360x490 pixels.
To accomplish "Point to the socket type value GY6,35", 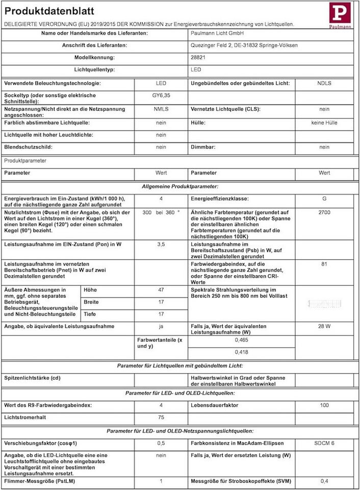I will tap(161, 95).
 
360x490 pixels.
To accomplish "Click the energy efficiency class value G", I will tap(324, 199).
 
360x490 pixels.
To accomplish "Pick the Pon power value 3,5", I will tap(161, 244).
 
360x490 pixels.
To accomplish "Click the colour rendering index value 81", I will tap(324, 264).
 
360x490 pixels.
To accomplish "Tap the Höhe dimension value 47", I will tap(161, 289).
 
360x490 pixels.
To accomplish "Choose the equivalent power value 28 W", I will tap(324, 327).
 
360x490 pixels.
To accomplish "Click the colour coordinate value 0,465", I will tap(242, 339).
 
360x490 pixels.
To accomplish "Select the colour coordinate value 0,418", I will tap(242, 352).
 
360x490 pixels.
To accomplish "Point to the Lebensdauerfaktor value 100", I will tap(324, 405).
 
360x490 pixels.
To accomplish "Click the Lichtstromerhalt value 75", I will tap(161, 417).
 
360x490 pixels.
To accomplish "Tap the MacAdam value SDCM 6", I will tap(324, 443).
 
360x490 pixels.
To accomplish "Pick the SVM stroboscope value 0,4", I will tap(324, 481).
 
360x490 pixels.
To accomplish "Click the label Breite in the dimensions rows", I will tap(91, 302).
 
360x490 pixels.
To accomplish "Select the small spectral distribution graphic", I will tap(324, 304).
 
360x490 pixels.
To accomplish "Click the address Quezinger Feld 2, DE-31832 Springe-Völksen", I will tap(244, 45).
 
